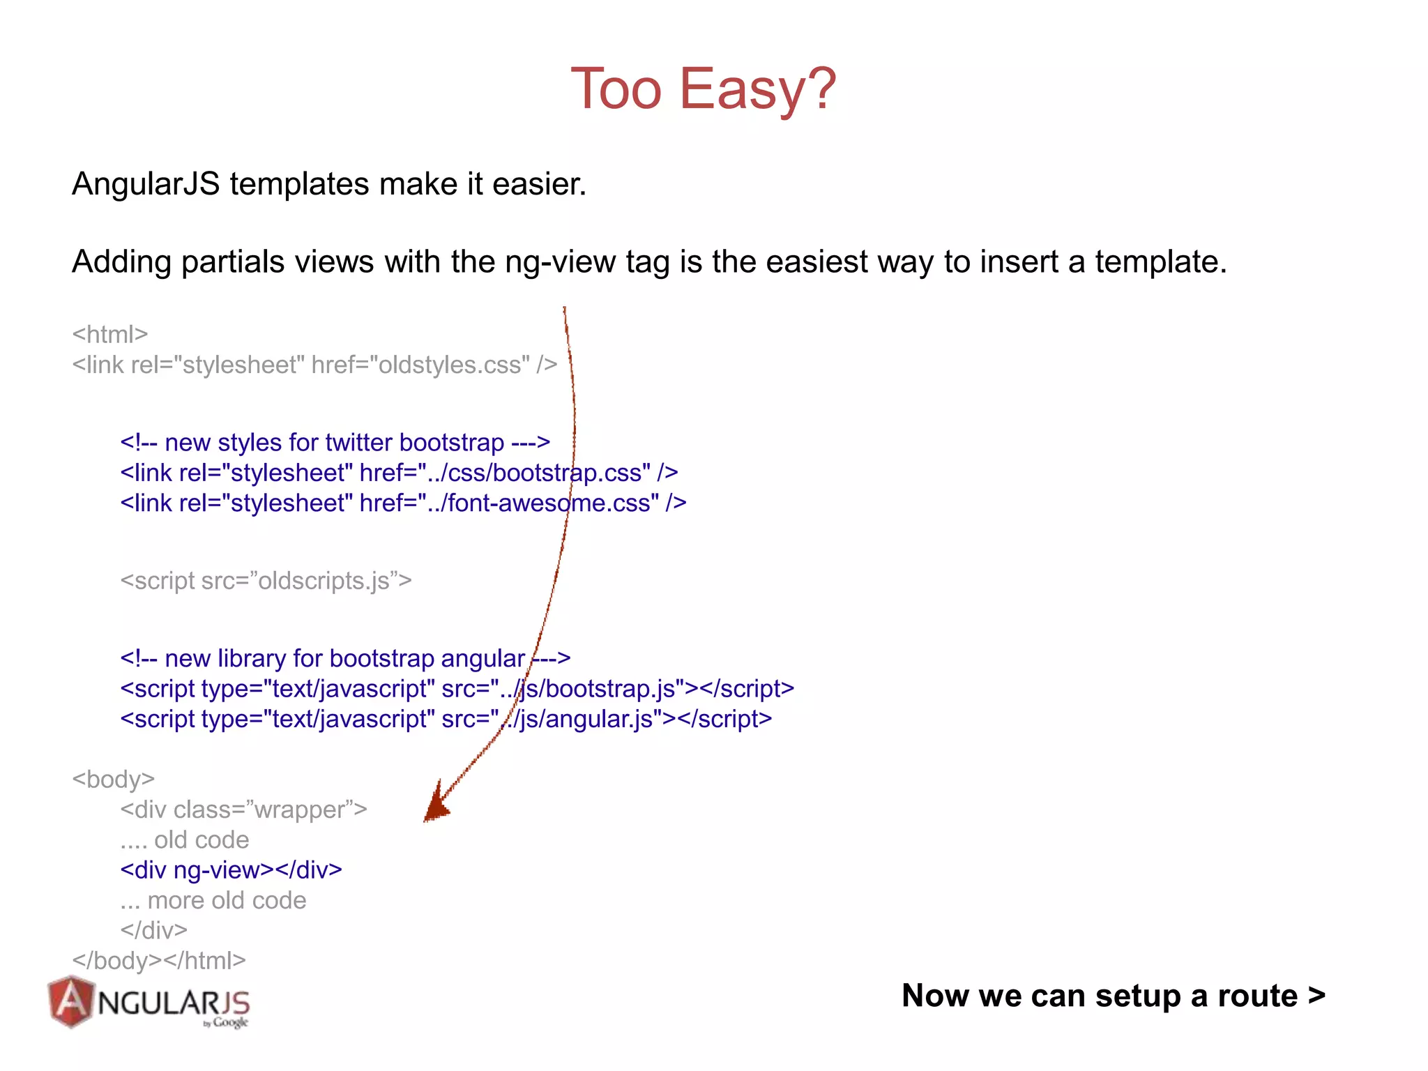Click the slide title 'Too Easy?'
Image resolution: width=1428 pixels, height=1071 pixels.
pos(703,89)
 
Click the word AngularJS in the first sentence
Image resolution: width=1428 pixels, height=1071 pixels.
pos(145,184)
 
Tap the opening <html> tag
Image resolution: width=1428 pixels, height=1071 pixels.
pos(110,334)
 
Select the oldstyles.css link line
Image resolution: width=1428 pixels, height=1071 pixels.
pos(314,365)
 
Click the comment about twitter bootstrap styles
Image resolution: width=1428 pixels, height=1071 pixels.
pos(335,442)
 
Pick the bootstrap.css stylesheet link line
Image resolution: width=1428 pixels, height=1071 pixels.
pos(399,473)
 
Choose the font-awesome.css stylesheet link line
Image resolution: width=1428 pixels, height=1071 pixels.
pos(403,503)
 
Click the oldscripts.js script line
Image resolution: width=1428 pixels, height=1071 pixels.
pos(266,580)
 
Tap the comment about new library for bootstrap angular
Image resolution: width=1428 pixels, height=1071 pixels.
pos(345,658)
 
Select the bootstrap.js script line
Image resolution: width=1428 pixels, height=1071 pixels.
pos(457,689)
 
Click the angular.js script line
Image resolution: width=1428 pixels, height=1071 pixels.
pos(446,719)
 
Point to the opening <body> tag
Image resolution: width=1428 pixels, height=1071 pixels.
pos(113,779)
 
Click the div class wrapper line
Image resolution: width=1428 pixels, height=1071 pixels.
pos(243,810)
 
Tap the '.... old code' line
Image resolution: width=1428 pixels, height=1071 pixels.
pos(184,840)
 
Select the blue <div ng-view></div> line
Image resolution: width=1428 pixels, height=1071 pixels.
pos(231,870)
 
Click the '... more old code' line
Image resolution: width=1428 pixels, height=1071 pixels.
pos(213,900)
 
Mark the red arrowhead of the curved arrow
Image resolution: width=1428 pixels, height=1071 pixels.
pos(436,805)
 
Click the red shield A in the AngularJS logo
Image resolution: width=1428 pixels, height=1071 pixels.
pos(70,1002)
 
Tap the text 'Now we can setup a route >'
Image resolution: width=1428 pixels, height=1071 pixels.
pos(1113,996)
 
